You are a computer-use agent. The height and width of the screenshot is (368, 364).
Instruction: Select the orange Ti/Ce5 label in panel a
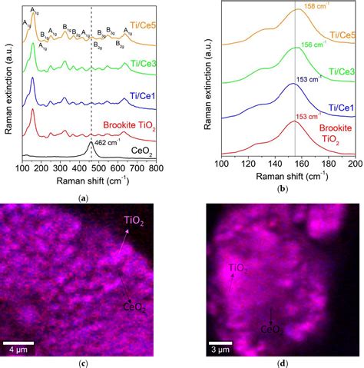click(x=137, y=25)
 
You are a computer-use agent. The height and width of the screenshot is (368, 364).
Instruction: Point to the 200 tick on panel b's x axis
click(x=354, y=164)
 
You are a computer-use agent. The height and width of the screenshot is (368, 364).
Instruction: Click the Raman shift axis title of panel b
click(x=288, y=177)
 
